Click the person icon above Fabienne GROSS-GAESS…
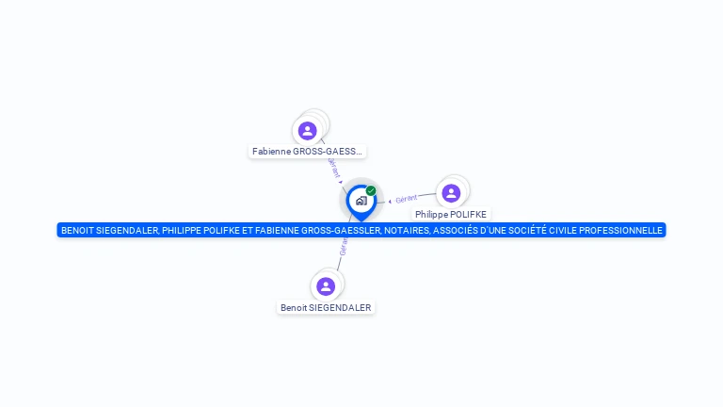click(x=307, y=131)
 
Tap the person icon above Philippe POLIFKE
click(x=451, y=193)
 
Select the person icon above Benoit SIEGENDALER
click(x=326, y=286)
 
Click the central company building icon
click(x=361, y=201)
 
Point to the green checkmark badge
click(x=371, y=190)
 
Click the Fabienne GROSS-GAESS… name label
click(x=307, y=151)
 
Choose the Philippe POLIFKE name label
click(x=451, y=214)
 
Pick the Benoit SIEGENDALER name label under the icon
click(x=326, y=307)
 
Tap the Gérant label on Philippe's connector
click(x=407, y=199)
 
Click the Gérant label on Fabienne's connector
click(x=332, y=168)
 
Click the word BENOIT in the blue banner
click(x=77, y=230)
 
